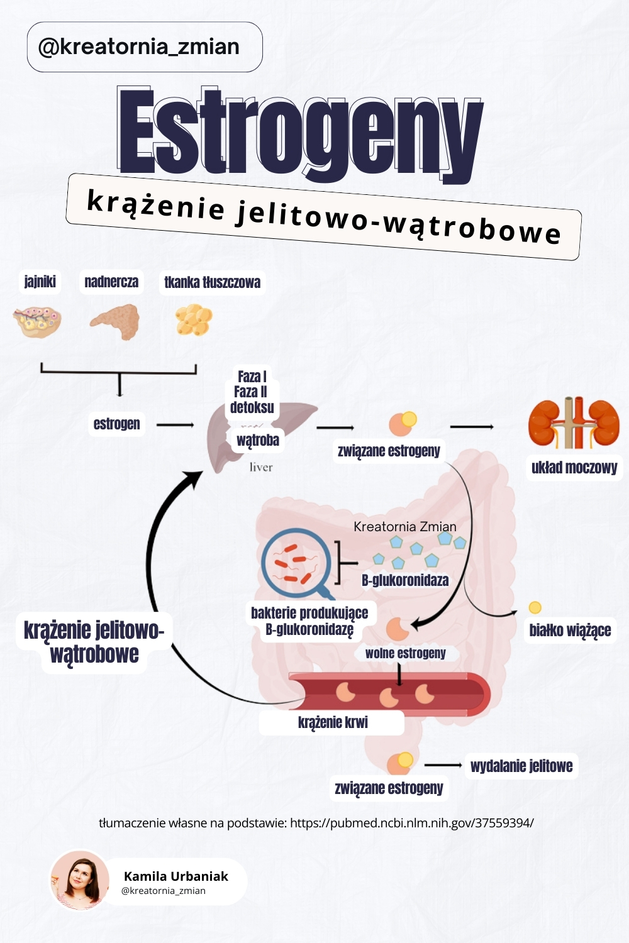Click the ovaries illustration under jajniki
(38, 321)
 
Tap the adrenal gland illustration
(115, 321)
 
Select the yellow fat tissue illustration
(194, 320)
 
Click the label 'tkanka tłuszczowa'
(212, 282)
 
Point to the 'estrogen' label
(117, 424)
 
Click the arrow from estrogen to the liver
(175, 425)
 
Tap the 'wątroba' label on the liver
(258, 440)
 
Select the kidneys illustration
(574, 423)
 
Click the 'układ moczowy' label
(574, 467)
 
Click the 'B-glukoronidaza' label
(405, 580)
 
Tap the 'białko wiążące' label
(570, 630)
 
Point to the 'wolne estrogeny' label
(405, 653)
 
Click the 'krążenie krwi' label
(333, 722)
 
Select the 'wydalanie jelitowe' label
(521, 766)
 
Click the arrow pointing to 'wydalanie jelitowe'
(443, 765)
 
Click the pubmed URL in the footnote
(411, 823)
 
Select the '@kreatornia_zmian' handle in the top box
(139, 47)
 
